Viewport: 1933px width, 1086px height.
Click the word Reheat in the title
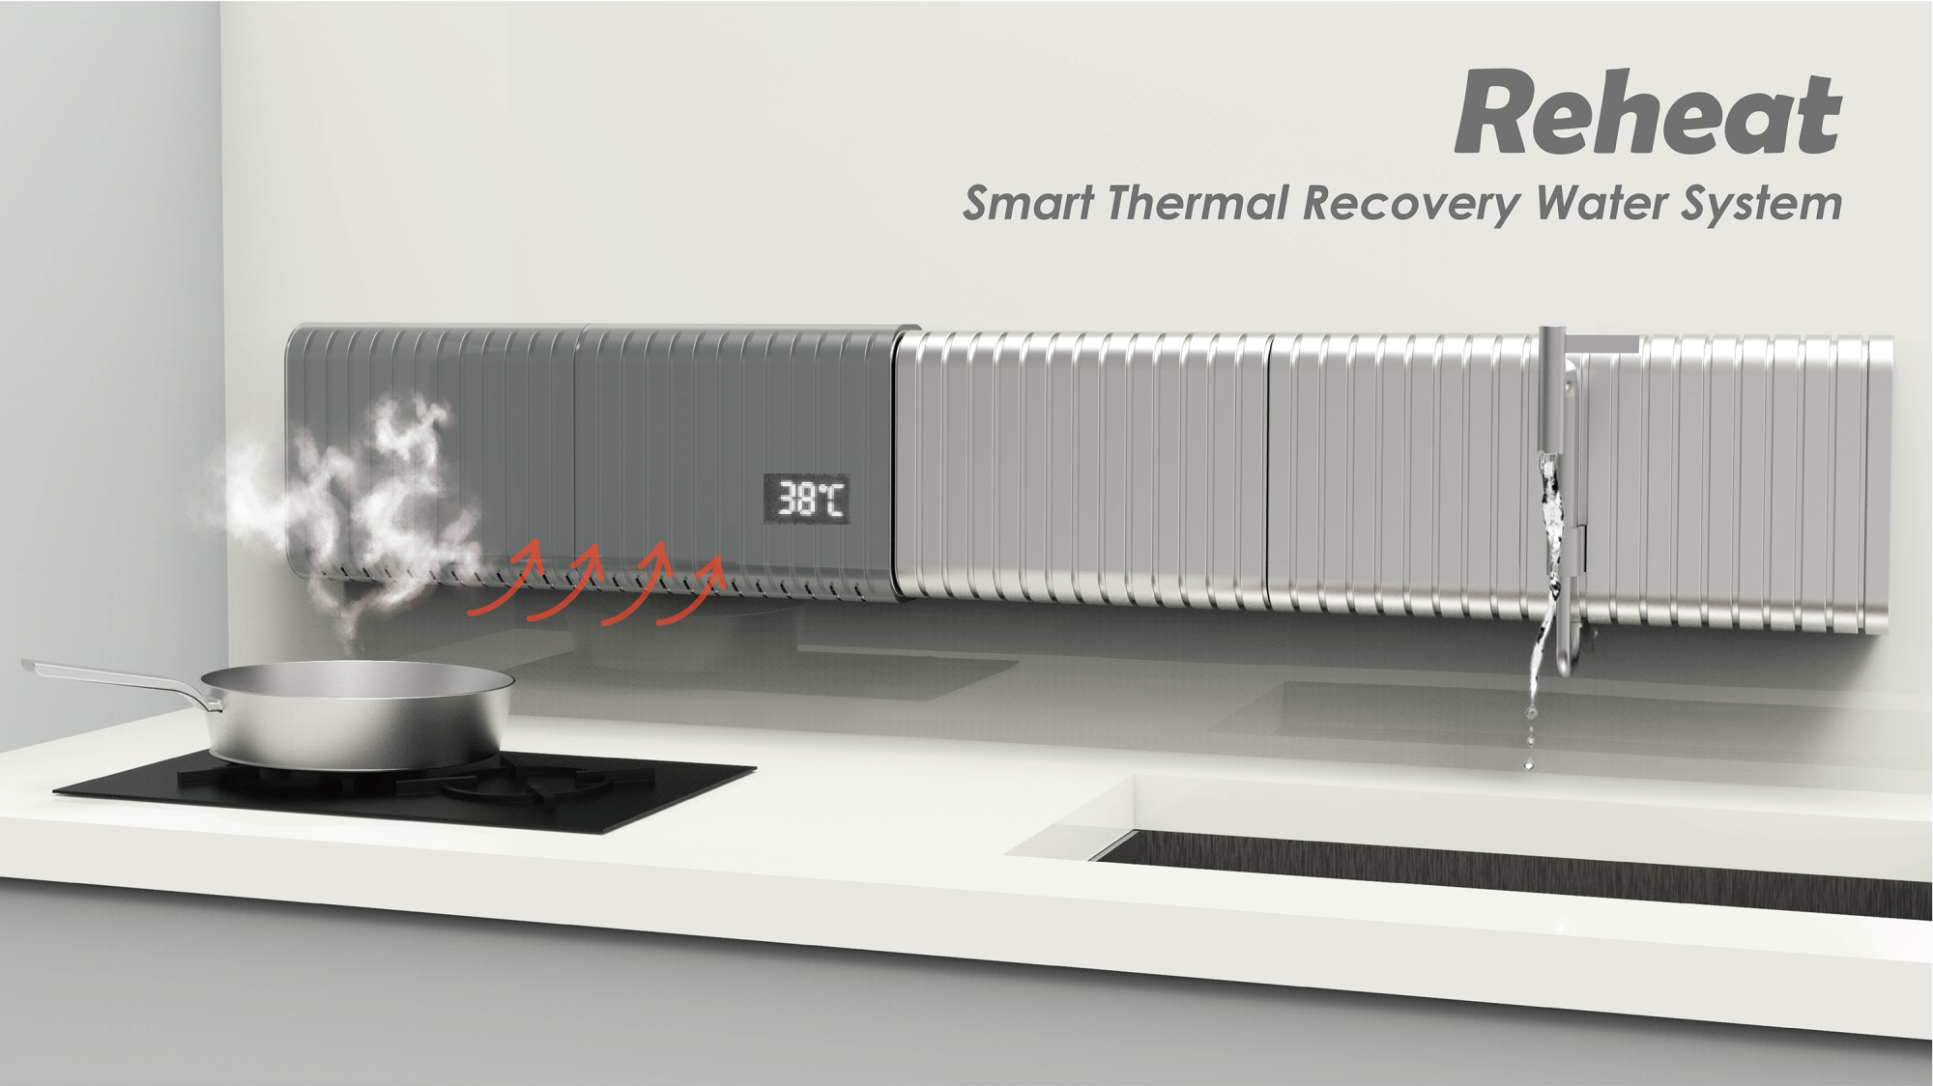click(x=1648, y=113)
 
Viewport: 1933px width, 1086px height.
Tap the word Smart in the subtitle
click(x=1028, y=204)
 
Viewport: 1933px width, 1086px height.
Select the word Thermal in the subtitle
click(x=1198, y=203)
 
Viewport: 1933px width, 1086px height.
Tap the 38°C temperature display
click(x=807, y=499)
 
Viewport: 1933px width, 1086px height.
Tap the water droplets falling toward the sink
click(x=1529, y=739)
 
